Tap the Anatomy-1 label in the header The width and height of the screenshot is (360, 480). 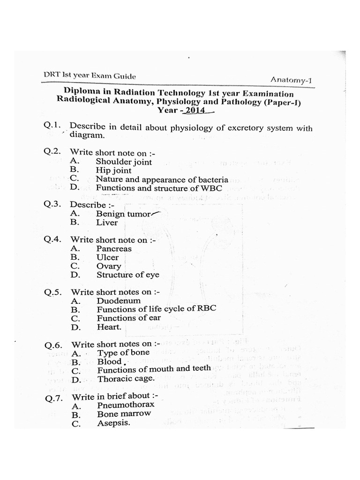point(291,80)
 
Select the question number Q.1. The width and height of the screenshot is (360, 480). point(52,126)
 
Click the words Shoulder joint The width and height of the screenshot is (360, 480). point(124,162)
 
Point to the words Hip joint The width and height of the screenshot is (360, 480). point(114,171)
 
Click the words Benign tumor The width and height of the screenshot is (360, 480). point(123,214)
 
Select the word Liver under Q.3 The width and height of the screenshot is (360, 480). point(107,223)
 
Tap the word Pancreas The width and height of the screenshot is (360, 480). point(114,249)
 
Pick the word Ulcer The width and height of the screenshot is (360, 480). point(107,257)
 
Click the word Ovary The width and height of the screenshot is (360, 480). point(108,266)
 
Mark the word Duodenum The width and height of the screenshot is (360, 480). point(119,300)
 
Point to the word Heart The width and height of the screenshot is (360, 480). point(109,327)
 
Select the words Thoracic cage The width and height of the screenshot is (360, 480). point(126,378)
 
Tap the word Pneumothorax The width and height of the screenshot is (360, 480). point(124,405)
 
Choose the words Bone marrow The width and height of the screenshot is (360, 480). point(124,414)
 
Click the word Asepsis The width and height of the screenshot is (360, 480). point(113,423)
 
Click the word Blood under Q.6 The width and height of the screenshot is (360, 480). point(109,361)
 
